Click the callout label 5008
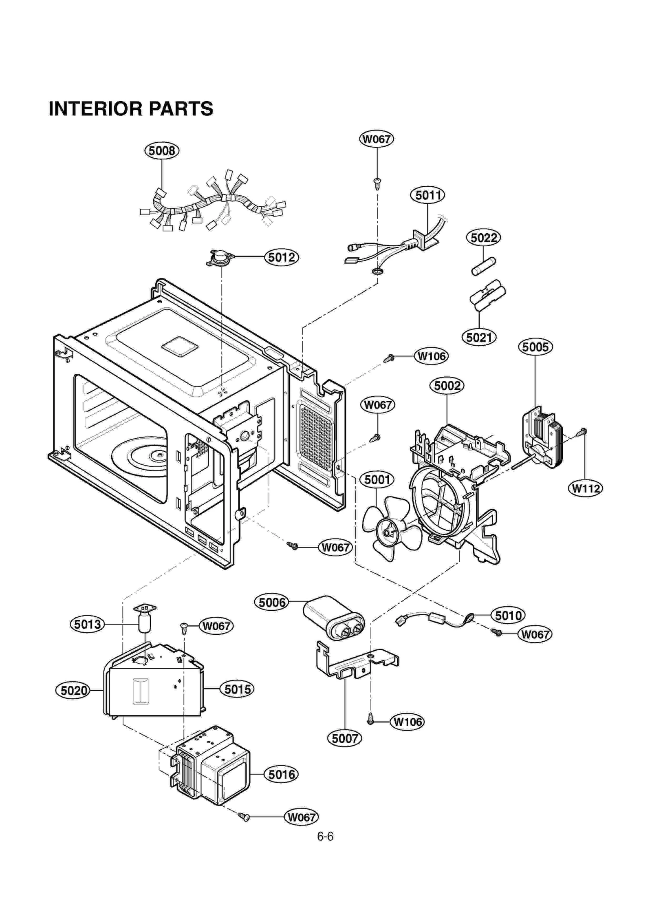162,151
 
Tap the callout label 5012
282,257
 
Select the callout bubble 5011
427,195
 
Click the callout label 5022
483,238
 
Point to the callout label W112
585,488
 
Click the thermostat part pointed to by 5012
220,258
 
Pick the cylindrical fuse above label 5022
484,265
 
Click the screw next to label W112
582,432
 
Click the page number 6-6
325,837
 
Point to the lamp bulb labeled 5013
145,623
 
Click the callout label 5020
73,691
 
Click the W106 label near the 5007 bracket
407,722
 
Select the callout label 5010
508,615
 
